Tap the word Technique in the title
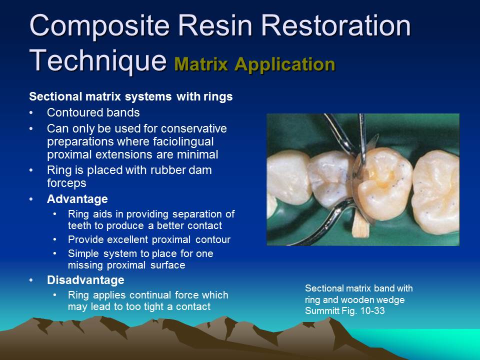click(97, 61)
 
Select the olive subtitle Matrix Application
click(254, 64)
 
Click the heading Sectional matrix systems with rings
click(131, 96)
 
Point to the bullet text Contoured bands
click(93, 112)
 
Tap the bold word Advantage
click(77, 199)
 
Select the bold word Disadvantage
click(85, 279)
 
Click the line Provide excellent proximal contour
click(149, 239)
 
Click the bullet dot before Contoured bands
click(32, 112)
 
